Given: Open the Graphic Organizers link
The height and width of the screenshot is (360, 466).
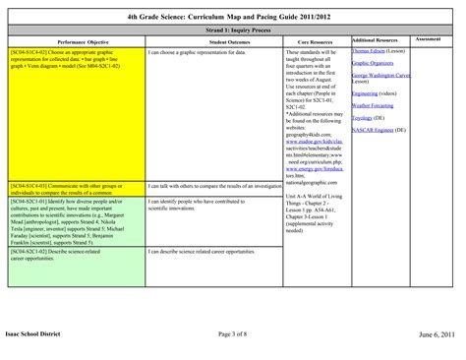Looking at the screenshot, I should [372, 62].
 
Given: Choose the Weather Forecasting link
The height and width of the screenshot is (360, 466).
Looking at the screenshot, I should [375, 104].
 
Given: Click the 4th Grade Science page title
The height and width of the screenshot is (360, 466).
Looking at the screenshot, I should [232, 16].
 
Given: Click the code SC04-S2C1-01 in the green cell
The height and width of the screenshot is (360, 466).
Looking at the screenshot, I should [29, 200].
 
